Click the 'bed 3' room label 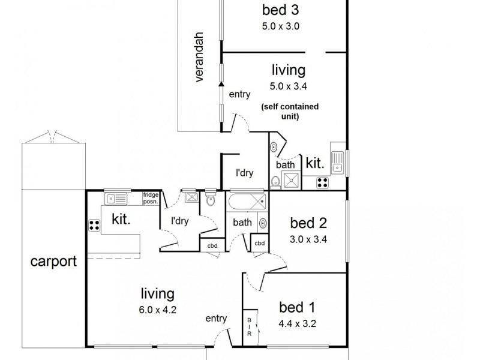[280, 10]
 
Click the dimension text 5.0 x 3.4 [280, 85]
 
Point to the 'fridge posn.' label [151, 198]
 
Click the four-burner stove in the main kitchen [94, 226]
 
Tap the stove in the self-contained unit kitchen [322, 182]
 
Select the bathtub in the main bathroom [246, 201]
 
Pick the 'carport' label [54, 261]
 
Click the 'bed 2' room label [308, 224]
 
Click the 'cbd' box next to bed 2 [260, 243]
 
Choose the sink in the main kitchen [116, 198]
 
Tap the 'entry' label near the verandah [239, 94]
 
